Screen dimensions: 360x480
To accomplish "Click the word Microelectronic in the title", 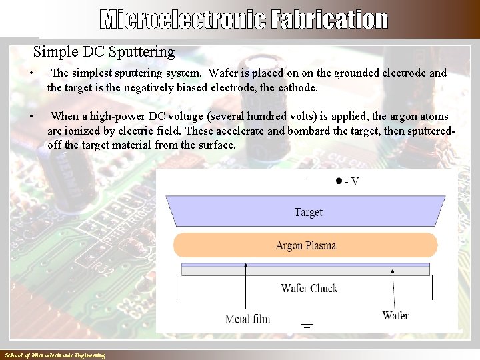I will (182, 20).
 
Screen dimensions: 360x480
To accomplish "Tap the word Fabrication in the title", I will (329, 20).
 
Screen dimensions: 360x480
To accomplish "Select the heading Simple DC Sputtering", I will (104, 51).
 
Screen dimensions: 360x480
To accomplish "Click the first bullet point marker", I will (24, 73).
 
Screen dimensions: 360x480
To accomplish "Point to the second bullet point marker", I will (24, 117).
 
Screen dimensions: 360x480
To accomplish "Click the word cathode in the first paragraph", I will (297, 87).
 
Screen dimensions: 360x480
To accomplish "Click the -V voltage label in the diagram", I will (351, 181).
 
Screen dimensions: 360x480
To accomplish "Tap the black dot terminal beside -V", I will (339, 181).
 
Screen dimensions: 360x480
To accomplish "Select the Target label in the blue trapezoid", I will (308, 212).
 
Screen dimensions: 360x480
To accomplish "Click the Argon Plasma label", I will (306, 245).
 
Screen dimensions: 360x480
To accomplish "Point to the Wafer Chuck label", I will (309, 288).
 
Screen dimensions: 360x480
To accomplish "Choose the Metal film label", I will (247, 318).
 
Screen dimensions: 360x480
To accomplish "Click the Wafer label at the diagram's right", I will (395, 315).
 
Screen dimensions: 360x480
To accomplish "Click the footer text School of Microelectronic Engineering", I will (55, 355).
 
